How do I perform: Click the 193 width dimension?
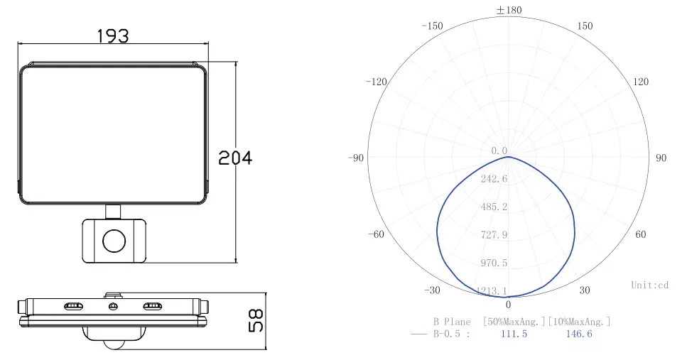pos(112,36)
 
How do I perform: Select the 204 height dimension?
pos(235,158)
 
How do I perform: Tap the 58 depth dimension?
pos(256,320)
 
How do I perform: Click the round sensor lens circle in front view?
pos(114,241)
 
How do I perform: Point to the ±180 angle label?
pos(509,10)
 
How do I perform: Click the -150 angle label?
pos(432,26)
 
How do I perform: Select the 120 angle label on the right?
pos(641,82)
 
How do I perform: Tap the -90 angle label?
pos(356,158)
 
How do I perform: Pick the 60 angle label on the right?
pos(641,234)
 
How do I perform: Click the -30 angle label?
pos(432,290)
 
